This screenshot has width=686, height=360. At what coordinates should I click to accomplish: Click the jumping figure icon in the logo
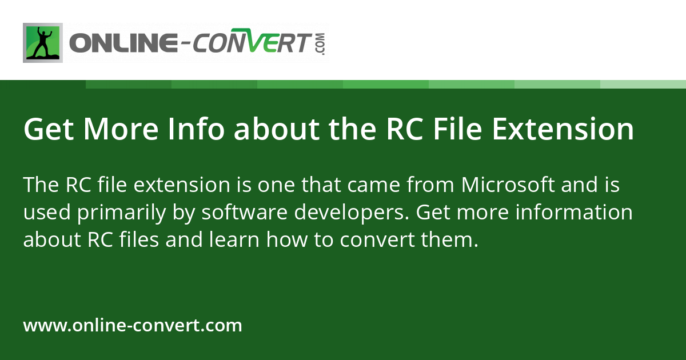click(43, 43)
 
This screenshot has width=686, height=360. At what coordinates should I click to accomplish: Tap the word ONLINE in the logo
click(123, 43)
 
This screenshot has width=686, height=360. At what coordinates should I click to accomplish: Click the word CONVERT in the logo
click(252, 41)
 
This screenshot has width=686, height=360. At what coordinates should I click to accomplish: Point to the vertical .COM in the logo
click(321, 44)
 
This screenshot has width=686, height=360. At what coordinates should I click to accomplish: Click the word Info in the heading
click(196, 129)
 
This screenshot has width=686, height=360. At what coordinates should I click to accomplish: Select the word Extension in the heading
click(563, 129)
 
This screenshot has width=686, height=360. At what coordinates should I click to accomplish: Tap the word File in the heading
click(457, 129)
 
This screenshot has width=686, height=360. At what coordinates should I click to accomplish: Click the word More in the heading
click(121, 129)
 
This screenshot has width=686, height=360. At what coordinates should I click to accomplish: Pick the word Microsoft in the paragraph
click(508, 185)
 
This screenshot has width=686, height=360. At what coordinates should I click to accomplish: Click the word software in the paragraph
click(245, 212)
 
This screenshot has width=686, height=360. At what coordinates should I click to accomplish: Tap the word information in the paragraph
click(574, 212)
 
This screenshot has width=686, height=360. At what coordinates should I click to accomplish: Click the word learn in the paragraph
click(234, 239)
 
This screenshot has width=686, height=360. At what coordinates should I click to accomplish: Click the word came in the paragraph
click(373, 186)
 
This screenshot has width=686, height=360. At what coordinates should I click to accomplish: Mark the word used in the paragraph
click(47, 212)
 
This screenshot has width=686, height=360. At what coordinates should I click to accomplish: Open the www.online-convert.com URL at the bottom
click(133, 325)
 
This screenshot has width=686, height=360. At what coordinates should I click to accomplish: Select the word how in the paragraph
click(287, 239)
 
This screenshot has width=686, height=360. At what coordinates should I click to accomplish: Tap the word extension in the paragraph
click(182, 186)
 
